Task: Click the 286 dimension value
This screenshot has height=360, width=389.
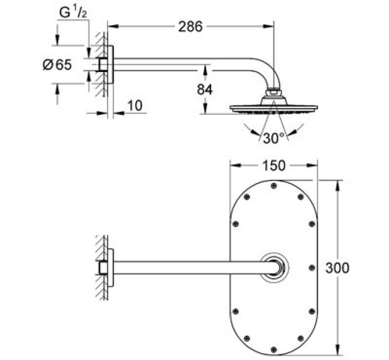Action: pos(190,26)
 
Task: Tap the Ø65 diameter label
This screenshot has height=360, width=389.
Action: pos(57,65)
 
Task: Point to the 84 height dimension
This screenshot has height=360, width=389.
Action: pos(204,90)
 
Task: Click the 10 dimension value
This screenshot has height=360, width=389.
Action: pos(134,105)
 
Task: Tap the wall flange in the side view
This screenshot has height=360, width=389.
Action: pos(111,65)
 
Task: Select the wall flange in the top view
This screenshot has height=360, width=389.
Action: pos(111,267)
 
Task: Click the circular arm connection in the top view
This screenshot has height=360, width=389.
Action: pos(275,267)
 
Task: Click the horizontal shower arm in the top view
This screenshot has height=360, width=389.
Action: pos(189,267)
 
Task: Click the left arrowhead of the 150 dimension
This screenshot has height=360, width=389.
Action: pos(233,166)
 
